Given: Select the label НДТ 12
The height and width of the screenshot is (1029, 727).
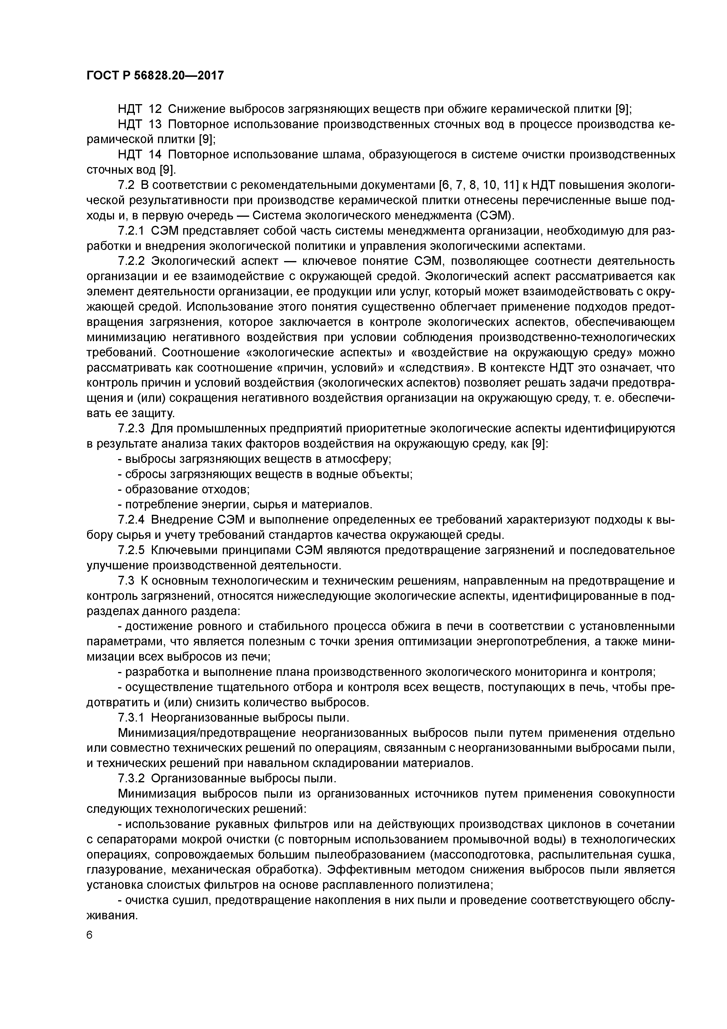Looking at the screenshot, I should click(139, 109).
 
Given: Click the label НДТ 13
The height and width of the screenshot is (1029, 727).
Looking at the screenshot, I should click(139, 124).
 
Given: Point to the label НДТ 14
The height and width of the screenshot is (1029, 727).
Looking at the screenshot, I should click(139, 155).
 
